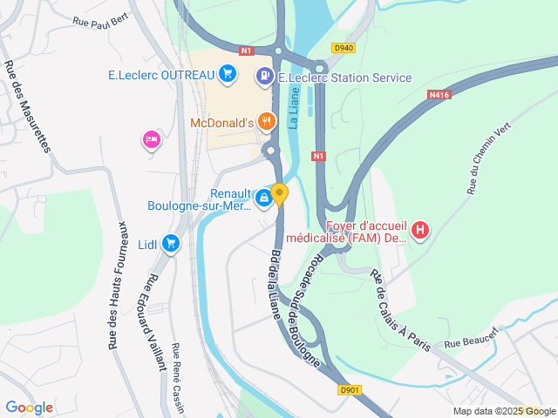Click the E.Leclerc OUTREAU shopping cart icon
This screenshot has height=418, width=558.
click(228, 73)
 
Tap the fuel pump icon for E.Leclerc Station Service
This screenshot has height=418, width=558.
click(262, 78)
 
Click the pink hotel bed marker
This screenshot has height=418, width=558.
click(152, 139)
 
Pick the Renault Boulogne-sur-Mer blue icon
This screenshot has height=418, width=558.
click(262, 200)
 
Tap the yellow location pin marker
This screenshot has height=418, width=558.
click(279, 193)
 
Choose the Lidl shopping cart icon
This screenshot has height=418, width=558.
click(171, 244)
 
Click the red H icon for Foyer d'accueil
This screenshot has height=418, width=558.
click(420, 231)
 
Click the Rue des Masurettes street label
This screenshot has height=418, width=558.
click(27, 106)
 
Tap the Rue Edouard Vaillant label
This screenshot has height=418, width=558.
click(155, 323)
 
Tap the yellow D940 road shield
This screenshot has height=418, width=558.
click(343, 49)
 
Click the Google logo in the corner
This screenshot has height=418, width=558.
click(29, 407)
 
